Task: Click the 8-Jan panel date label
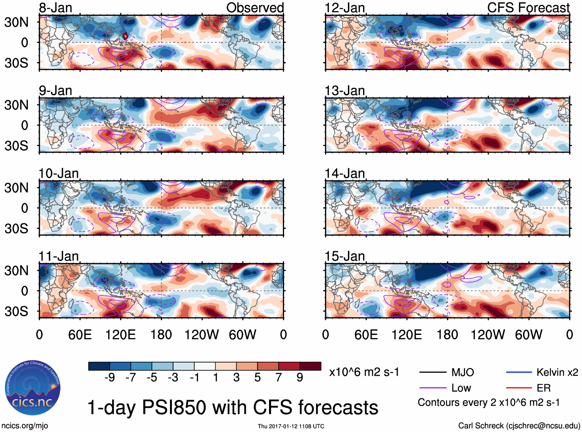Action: coord(56,8)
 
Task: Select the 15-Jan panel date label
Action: coord(345,256)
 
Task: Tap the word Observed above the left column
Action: coord(255,8)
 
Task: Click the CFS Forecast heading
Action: coord(528,8)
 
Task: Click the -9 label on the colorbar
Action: coord(109,378)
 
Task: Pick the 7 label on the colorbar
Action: coord(278,378)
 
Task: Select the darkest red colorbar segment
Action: coord(310,366)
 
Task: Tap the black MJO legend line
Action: coord(433,372)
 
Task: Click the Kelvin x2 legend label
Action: coord(557,372)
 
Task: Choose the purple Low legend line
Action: coord(433,388)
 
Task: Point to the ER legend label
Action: coord(543,388)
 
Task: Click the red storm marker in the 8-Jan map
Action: coord(125,36)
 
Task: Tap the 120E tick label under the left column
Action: coord(120,335)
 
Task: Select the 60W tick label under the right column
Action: coord(528,335)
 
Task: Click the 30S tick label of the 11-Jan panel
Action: coord(16,311)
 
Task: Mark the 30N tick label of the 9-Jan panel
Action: coord(16,105)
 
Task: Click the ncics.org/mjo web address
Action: coord(25,426)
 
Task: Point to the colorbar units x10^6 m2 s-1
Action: coord(364,372)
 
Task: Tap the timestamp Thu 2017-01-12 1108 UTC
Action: coord(291,426)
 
